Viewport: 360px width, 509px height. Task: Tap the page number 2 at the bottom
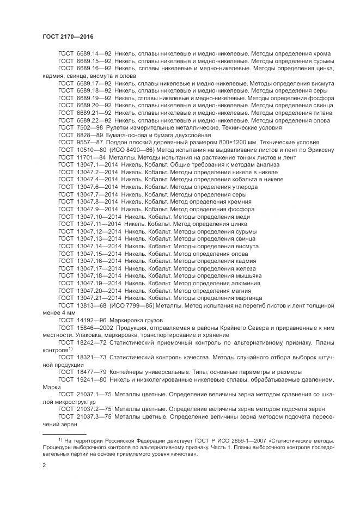coord(45,465)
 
